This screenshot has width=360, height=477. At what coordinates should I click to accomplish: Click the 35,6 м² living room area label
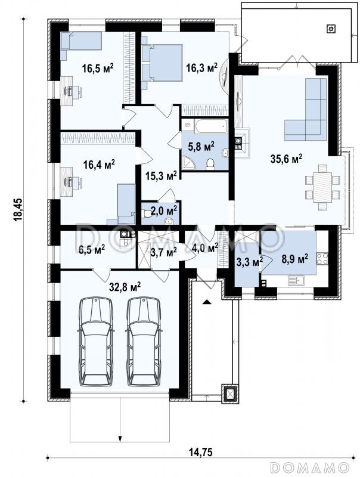coord(286,159)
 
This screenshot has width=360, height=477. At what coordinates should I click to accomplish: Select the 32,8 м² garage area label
coord(125,286)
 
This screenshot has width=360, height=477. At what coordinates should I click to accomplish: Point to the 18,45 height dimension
coord(18,209)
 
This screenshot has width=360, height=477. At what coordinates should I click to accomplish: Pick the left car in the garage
coord(95,341)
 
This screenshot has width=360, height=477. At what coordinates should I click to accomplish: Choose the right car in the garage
coord(144,341)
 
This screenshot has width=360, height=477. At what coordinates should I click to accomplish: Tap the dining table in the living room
coord(322,187)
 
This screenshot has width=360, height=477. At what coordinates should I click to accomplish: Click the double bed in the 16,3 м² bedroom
coord(162,63)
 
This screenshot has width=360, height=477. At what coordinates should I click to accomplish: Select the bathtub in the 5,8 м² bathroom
coord(212,126)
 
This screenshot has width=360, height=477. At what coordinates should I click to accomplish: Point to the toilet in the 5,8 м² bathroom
coord(210,164)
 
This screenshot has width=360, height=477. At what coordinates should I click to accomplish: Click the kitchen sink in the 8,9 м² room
coord(296,280)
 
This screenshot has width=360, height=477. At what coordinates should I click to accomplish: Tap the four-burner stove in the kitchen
coord(322,258)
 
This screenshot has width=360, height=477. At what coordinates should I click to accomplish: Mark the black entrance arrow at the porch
coord(206,302)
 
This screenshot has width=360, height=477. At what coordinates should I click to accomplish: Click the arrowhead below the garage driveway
coord(120,439)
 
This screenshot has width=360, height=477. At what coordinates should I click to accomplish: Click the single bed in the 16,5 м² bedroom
coord(81,41)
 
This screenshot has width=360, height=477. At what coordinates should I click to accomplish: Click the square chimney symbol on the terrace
coord(331,29)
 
